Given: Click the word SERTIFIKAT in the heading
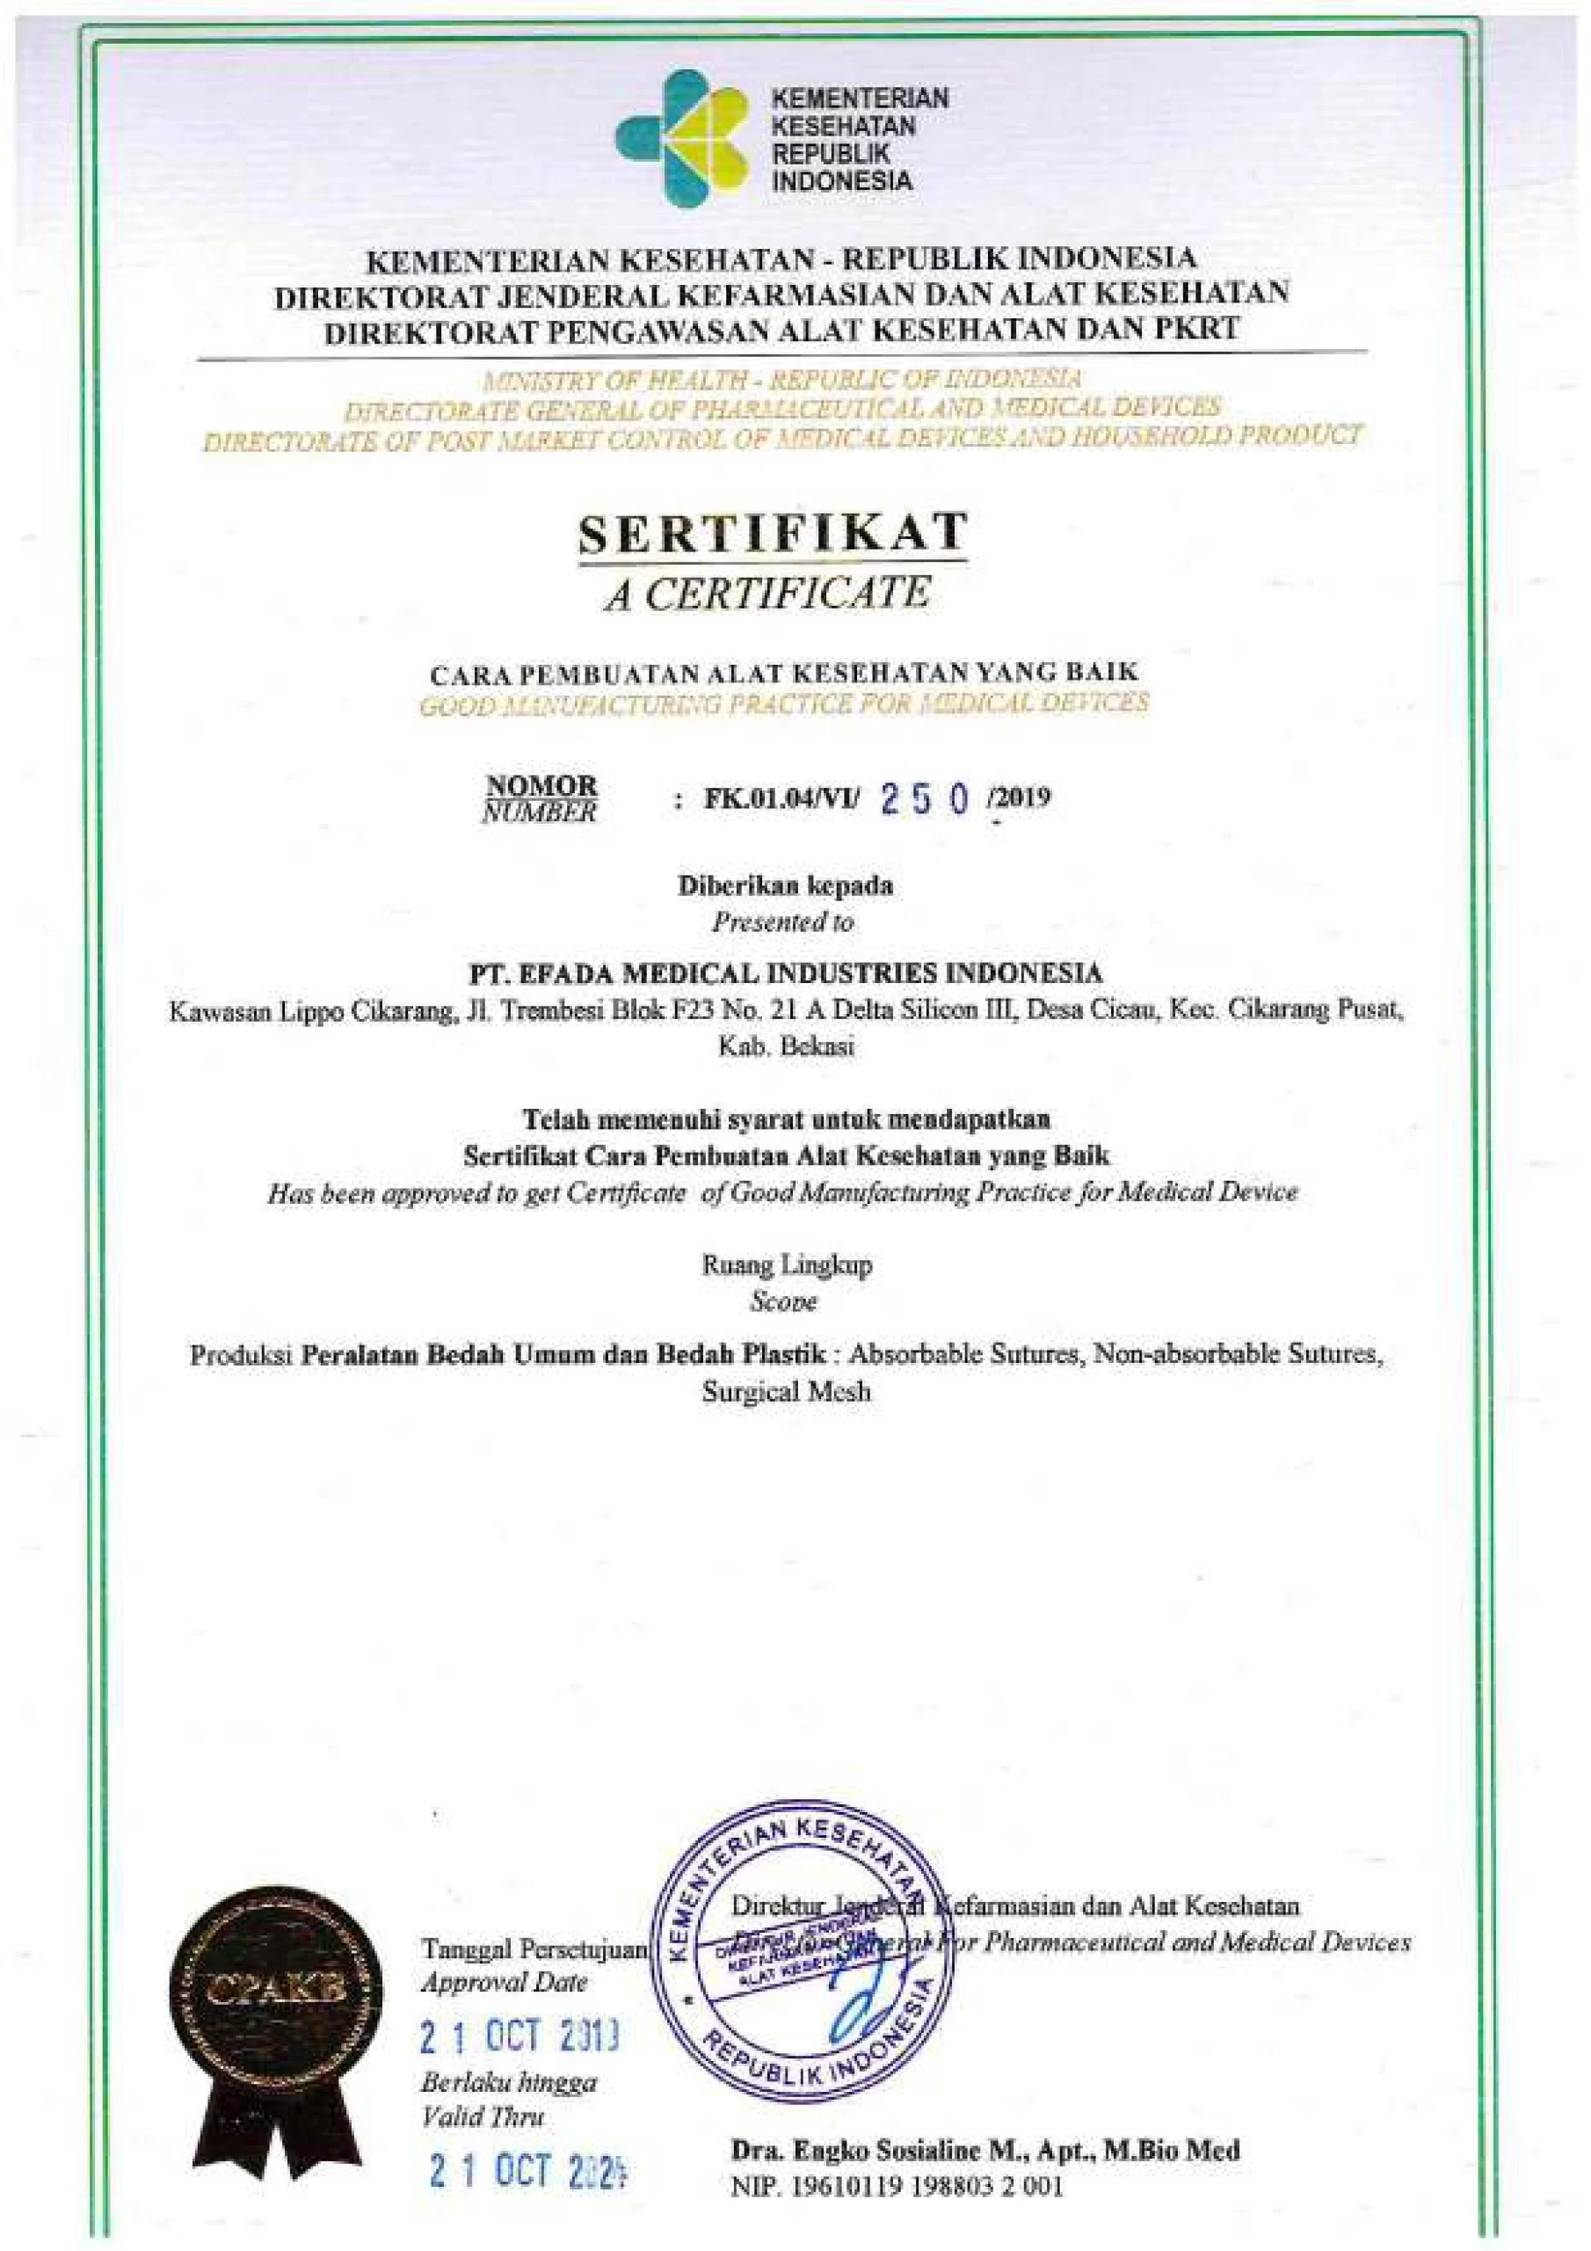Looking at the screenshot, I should click(773, 535).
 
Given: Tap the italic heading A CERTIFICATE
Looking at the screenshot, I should click(766, 594).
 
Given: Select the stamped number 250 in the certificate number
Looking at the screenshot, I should click(926, 801).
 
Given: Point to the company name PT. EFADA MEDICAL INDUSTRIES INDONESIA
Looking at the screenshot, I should click(785, 973).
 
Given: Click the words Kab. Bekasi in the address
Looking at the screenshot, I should click(785, 1046).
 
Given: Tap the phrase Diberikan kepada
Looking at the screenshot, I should click(785, 885).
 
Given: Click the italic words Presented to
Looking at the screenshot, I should click(782, 922).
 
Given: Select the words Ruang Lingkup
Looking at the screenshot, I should click(786, 1264).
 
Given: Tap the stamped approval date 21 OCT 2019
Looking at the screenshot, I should click(519, 2039).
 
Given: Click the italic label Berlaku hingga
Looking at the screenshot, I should click(508, 2081).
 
